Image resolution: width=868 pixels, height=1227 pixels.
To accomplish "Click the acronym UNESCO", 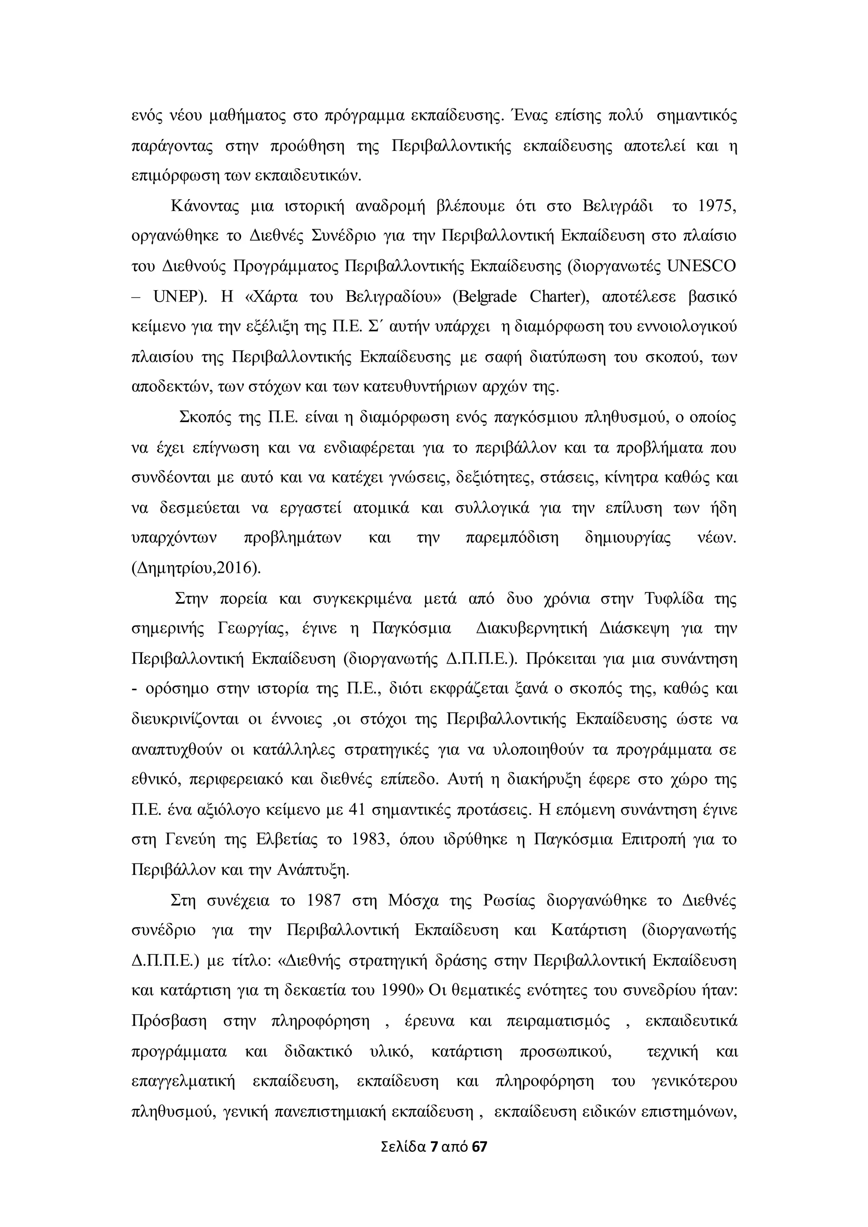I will pyautogui.click(x=702, y=266).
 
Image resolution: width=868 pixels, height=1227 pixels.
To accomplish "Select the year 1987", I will pyautogui.click(x=324, y=900).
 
